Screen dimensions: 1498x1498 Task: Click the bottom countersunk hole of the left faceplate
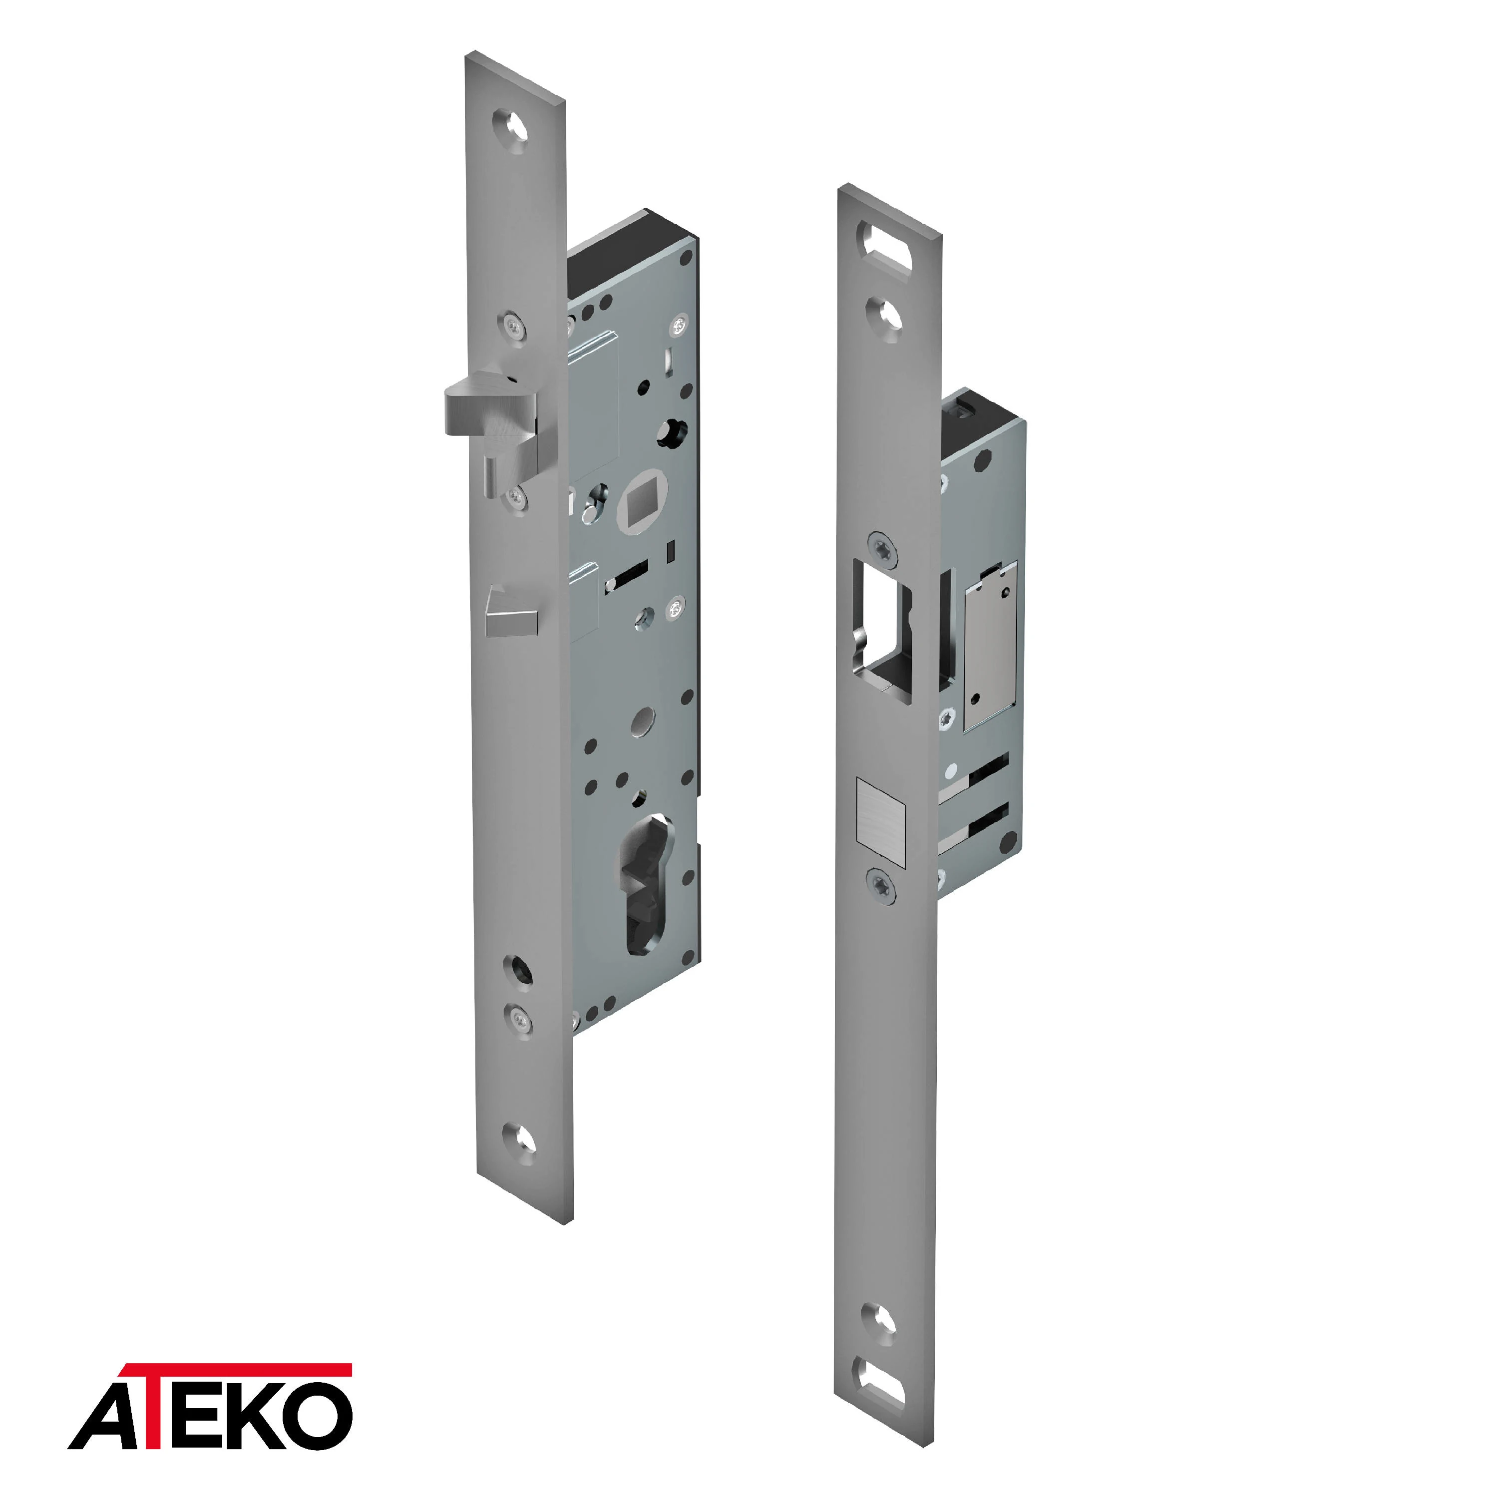pyautogui.click(x=519, y=1141)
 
